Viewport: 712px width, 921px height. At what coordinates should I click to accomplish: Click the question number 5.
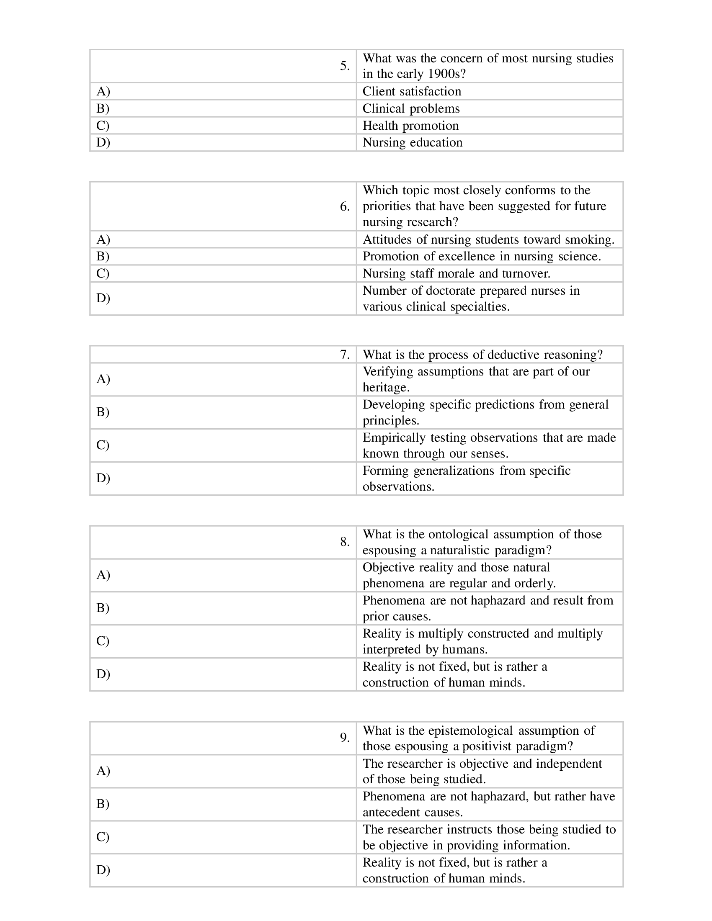pyautogui.click(x=345, y=66)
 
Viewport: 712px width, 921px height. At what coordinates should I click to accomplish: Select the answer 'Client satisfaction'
pyautogui.click(x=412, y=92)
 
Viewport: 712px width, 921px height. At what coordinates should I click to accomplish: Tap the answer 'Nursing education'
pyautogui.click(x=412, y=142)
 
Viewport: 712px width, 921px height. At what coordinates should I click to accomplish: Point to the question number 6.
pyautogui.click(x=345, y=207)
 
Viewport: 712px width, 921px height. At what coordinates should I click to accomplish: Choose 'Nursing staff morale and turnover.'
pyautogui.click(x=457, y=274)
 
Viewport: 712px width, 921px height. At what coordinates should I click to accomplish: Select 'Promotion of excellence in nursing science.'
pyautogui.click(x=482, y=256)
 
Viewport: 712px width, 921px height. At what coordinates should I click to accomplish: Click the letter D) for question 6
pyautogui.click(x=103, y=298)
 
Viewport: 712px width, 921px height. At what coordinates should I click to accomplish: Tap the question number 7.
pyautogui.click(x=345, y=355)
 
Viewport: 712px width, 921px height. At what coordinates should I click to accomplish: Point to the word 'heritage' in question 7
pyautogui.click(x=385, y=388)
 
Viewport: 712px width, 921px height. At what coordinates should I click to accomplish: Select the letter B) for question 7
pyautogui.click(x=103, y=412)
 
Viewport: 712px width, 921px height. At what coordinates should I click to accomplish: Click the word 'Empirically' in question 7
pyautogui.click(x=394, y=438)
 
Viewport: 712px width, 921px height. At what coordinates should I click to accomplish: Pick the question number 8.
pyautogui.click(x=345, y=542)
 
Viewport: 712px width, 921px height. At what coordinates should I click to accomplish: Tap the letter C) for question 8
pyautogui.click(x=103, y=641)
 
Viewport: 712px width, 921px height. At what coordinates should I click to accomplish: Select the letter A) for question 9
pyautogui.click(x=103, y=771)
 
